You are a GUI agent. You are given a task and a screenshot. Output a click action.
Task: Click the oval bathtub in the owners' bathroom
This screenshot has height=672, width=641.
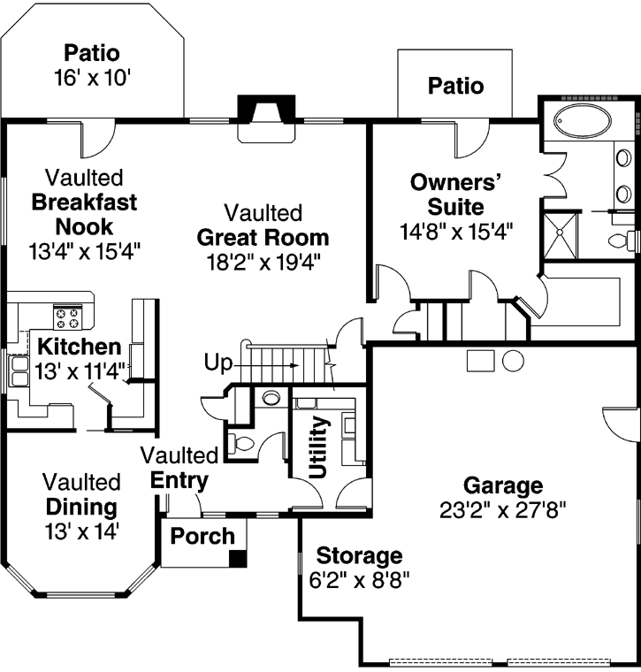(577, 121)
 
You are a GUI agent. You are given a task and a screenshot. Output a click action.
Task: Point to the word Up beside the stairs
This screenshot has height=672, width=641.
(217, 362)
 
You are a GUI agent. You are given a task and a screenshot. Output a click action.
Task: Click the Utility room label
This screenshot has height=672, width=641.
(321, 447)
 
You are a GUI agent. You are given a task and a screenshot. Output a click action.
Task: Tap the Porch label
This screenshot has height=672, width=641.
(202, 536)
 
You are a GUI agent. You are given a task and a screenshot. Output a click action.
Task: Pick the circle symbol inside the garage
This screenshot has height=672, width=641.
(513, 360)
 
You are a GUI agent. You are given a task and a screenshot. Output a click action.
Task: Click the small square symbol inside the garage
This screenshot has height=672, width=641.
(481, 360)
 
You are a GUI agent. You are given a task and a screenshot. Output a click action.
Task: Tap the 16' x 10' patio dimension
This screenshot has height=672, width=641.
(92, 77)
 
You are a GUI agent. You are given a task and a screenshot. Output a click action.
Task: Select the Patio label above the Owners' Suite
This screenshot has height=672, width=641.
(455, 86)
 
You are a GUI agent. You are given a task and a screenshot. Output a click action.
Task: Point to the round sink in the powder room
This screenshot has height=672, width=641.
(271, 398)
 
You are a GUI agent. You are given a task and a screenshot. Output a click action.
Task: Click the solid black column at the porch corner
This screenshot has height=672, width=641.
(237, 558)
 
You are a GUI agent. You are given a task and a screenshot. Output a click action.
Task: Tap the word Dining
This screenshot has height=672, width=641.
(80, 507)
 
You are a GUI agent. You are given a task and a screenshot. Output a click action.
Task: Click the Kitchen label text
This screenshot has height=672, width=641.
(78, 346)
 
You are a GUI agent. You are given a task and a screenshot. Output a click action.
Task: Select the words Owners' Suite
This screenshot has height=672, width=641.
(455, 195)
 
